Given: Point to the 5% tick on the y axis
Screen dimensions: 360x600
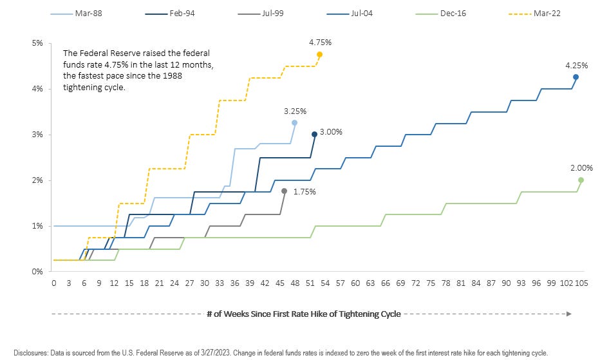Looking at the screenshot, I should tap(38, 43).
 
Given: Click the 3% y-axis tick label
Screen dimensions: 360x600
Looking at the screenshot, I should tap(38, 135).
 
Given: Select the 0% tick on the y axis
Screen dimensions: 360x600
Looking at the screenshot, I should tap(38, 271).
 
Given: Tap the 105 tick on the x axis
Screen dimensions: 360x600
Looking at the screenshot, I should tap(581, 282).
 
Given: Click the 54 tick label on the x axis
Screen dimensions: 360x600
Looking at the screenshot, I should tap(324, 282).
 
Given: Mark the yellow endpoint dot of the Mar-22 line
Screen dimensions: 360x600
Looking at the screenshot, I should tap(319, 55).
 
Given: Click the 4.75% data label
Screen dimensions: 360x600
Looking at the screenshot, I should tap(321, 42).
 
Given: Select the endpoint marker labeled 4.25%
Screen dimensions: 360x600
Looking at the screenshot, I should tap(576, 77).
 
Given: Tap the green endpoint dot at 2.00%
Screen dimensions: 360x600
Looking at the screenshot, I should tap(581, 180).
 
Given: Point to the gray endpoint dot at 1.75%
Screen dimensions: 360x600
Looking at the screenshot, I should tap(284, 191).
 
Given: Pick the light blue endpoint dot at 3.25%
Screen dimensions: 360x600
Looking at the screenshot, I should tap(294, 122).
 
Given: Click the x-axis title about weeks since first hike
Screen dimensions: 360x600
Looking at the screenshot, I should tap(303, 314).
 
